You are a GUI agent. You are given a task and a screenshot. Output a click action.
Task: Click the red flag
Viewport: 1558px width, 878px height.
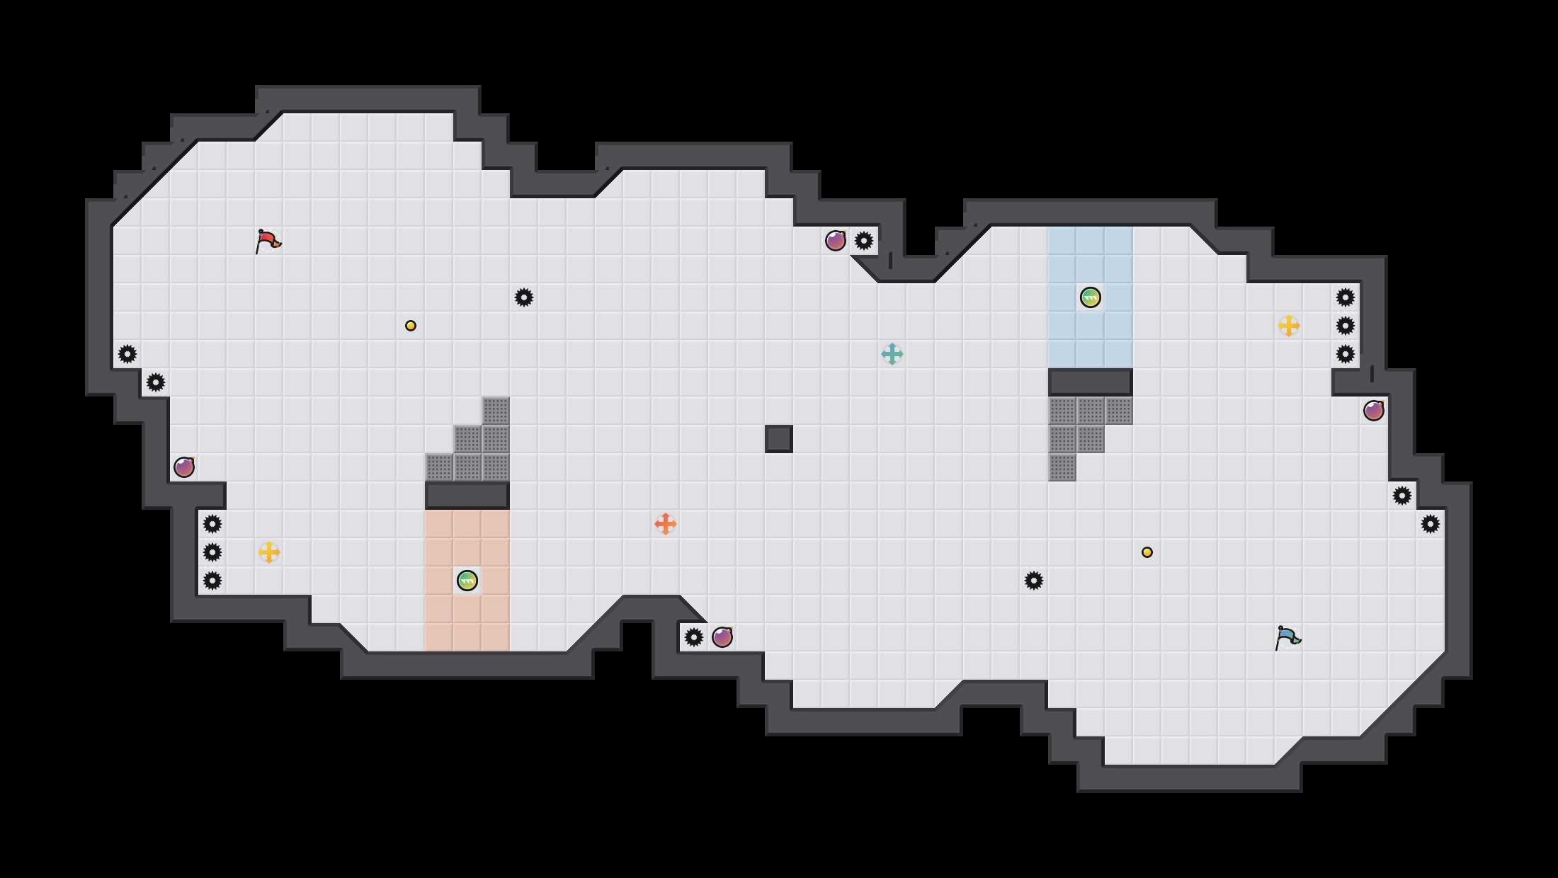click(x=268, y=241)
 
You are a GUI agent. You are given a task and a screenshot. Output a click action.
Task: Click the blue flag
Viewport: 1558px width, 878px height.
click(x=1287, y=637)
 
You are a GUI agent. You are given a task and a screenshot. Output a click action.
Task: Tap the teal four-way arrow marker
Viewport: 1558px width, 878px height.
click(x=892, y=354)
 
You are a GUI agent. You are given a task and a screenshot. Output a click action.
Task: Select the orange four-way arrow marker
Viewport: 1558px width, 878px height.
click(x=666, y=524)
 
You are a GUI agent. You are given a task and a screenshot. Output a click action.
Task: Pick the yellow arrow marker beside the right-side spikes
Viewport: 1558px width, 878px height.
click(x=1289, y=326)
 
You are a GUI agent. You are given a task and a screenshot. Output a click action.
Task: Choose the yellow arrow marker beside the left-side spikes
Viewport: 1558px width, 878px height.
click(x=269, y=552)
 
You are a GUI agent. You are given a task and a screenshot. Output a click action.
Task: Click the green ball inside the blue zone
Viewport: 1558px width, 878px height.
click(x=1091, y=297)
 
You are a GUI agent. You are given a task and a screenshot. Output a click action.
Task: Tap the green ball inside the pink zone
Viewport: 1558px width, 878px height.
click(x=467, y=581)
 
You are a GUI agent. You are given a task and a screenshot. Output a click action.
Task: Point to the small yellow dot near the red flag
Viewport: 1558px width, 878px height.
click(x=411, y=326)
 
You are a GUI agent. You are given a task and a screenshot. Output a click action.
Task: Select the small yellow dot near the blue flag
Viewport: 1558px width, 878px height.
click(x=1147, y=552)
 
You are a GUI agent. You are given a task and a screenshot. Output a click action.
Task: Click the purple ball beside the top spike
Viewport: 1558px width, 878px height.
click(x=836, y=241)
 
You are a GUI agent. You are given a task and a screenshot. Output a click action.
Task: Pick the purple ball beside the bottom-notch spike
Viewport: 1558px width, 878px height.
click(x=722, y=637)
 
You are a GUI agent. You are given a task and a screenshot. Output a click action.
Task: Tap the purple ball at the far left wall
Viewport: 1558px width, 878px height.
click(x=184, y=467)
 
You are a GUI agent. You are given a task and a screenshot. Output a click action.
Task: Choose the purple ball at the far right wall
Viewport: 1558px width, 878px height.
click(x=1374, y=411)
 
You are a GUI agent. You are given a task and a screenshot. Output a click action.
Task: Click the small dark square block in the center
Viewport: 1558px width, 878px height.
click(x=779, y=439)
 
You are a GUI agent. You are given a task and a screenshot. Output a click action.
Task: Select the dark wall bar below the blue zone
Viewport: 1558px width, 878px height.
click(x=1091, y=382)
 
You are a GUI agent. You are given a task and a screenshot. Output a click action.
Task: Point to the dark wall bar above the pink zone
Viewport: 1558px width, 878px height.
click(x=467, y=496)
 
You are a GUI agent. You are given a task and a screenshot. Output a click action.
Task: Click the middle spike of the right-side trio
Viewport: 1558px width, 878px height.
click(x=1346, y=326)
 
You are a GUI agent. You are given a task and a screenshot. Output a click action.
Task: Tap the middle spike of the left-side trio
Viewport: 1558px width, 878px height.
click(x=212, y=552)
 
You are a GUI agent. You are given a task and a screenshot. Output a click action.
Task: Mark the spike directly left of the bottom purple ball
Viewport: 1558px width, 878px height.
click(x=694, y=637)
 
